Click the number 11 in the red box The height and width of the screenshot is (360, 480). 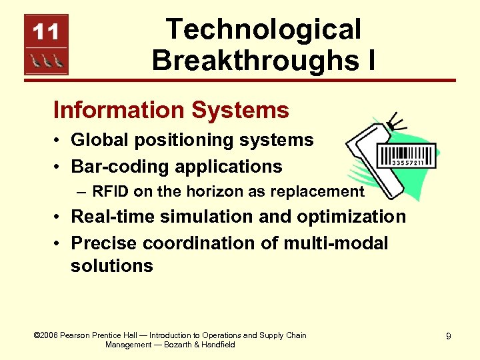[47, 31]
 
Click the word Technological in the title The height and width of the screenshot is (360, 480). [263, 29]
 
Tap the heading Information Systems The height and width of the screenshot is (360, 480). [171, 109]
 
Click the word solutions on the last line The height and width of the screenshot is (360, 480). [111, 265]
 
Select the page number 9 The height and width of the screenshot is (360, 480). [448, 337]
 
